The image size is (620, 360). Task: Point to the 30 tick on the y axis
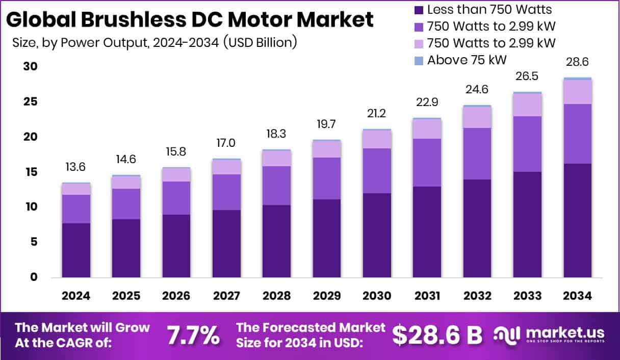(30, 67)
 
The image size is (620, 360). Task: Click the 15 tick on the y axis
(30, 172)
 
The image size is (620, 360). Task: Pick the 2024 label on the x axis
(76, 296)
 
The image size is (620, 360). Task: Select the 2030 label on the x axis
(377, 296)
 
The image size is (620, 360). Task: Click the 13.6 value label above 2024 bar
(76, 167)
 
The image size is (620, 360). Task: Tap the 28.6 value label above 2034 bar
(577, 62)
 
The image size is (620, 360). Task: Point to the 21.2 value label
(377, 113)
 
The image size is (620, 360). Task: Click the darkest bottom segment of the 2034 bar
(577, 220)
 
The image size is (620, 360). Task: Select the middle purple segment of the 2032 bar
(477, 153)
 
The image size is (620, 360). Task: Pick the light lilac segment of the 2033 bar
(527, 105)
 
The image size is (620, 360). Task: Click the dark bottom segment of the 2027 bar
(226, 244)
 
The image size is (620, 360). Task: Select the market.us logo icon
(507, 335)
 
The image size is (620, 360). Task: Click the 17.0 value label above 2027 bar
(226, 143)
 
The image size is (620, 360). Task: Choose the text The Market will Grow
(83, 327)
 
